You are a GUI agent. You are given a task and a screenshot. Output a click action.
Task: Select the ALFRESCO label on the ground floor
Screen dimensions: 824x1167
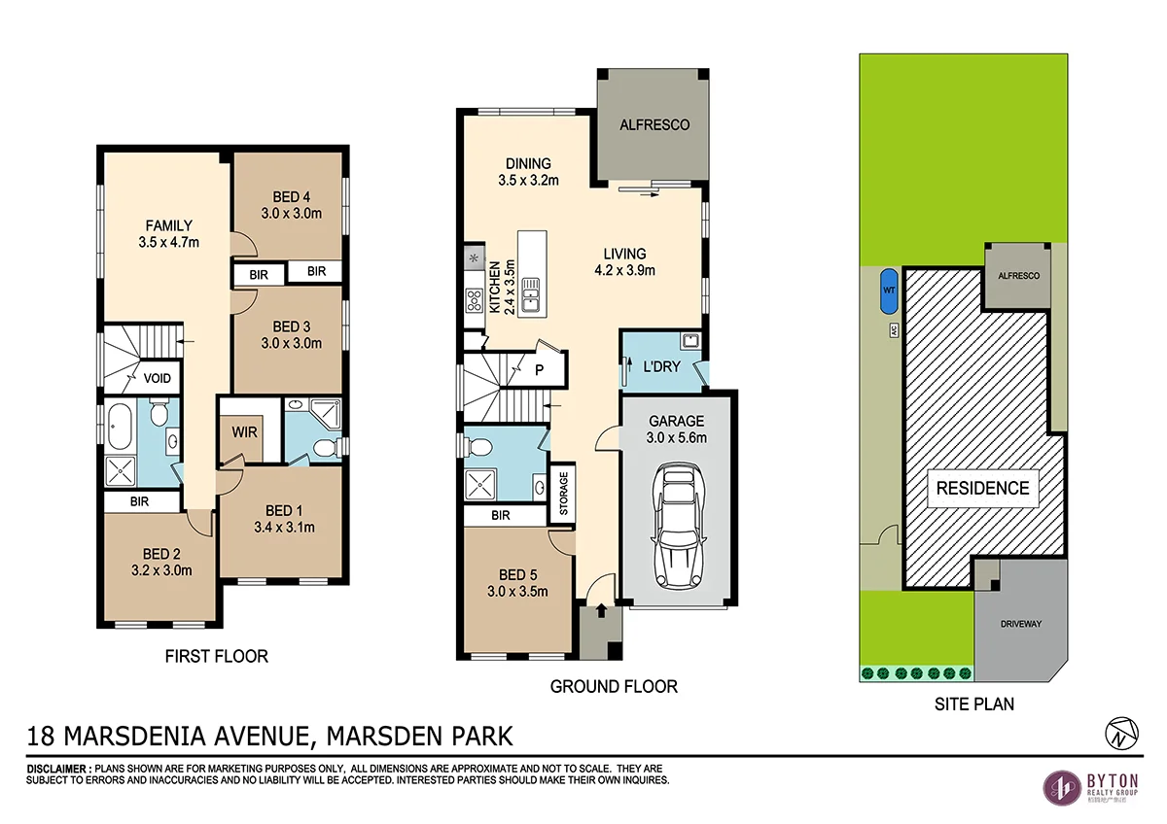pyautogui.click(x=654, y=125)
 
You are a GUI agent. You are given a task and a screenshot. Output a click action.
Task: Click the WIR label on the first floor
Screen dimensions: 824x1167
pyautogui.click(x=245, y=431)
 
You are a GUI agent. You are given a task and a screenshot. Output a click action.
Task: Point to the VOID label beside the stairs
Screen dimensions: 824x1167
pyautogui.click(x=158, y=378)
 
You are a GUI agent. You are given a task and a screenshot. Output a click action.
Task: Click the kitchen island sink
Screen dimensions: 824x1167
pyautogui.click(x=531, y=294)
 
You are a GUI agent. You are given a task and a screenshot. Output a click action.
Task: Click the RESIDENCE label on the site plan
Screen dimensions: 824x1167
pyautogui.click(x=982, y=488)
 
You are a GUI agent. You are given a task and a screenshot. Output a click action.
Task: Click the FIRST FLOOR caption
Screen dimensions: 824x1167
pyautogui.click(x=217, y=656)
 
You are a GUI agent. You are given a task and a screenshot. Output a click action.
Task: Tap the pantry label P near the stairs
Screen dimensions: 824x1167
pyautogui.click(x=538, y=369)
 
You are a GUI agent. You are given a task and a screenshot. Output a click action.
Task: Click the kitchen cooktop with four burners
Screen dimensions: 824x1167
pyautogui.click(x=475, y=300)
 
